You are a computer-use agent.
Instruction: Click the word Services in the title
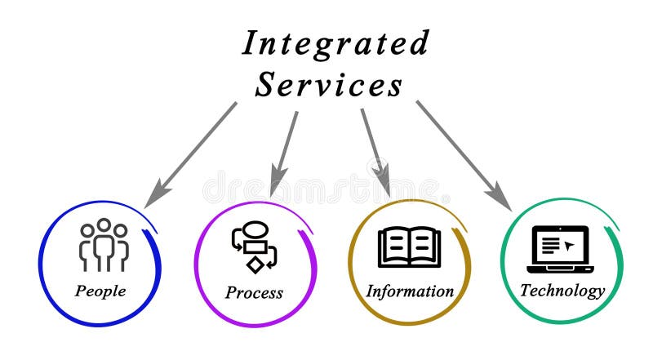click(328, 84)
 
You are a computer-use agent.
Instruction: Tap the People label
click(100, 290)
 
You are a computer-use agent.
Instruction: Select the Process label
click(254, 292)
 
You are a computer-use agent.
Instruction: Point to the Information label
click(409, 291)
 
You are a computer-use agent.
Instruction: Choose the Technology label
click(562, 290)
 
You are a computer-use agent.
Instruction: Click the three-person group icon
click(103, 245)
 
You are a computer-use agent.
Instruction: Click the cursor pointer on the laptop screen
click(570, 244)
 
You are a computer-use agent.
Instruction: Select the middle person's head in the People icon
click(103, 225)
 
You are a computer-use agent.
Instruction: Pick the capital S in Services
click(266, 84)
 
